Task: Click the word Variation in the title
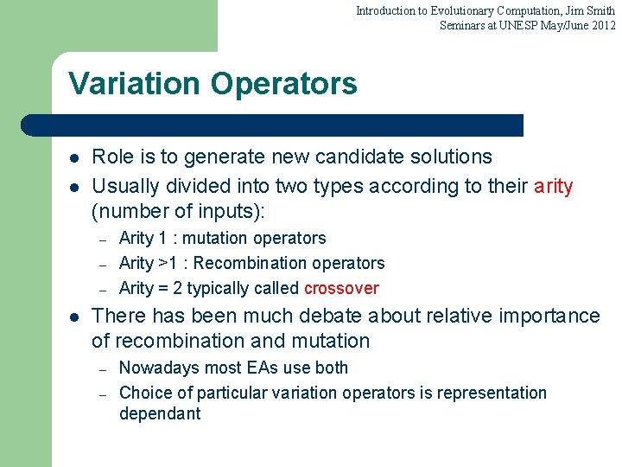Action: [x=130, y=84]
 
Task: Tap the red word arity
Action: [x=553, y=186]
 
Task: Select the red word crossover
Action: [x=341, y=288]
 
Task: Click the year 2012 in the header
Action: [x=602, y=25]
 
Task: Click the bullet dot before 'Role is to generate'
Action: [x=74, y=158]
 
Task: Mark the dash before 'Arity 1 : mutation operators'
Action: [x=102, y=240]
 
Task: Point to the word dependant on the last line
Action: [x=160, y=413]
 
